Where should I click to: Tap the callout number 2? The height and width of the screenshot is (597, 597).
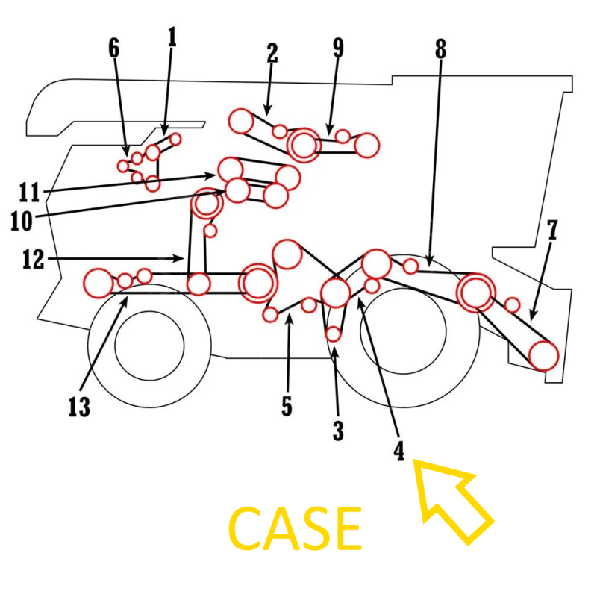tap(272, 53)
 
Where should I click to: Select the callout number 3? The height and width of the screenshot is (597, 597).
tap(339, 431)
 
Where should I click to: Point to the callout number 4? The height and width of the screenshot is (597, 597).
tap(399, 450)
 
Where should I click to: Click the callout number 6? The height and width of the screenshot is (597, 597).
tap(113, 48)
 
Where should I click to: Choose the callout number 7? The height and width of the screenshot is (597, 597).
tap(551, 231)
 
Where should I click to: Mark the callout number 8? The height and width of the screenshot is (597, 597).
tap(440, 49)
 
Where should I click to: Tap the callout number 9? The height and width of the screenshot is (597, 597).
tap(338, 48)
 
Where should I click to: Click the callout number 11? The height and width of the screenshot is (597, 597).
tap(28, 192)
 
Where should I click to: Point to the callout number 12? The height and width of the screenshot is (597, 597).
tap(34, 260)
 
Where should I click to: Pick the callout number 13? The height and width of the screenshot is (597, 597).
tap(79, 407)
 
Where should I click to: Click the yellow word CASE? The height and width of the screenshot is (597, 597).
tap(295, 528)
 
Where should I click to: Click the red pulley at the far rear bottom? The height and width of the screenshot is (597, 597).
tap(544, 355)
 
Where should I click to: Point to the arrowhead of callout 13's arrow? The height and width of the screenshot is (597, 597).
tap(127, 298)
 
